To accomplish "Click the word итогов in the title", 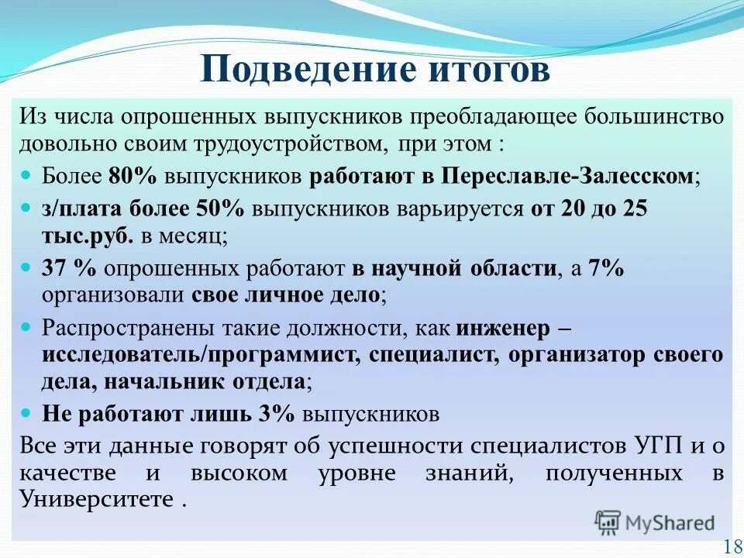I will (x=488, y=69).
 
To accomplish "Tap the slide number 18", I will (x=731, y=546).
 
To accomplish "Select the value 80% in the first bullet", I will (x=133, y=176).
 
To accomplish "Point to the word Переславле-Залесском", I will (x=567, y=176).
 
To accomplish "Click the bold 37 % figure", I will (x=69, y=269).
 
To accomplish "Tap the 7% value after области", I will (x=606, y=269).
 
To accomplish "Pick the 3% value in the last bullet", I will (x=277, y=414).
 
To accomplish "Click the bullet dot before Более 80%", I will (x=28, y=176).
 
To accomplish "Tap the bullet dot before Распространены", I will (x=28, y=328).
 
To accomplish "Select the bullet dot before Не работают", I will (x=28, y=414).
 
